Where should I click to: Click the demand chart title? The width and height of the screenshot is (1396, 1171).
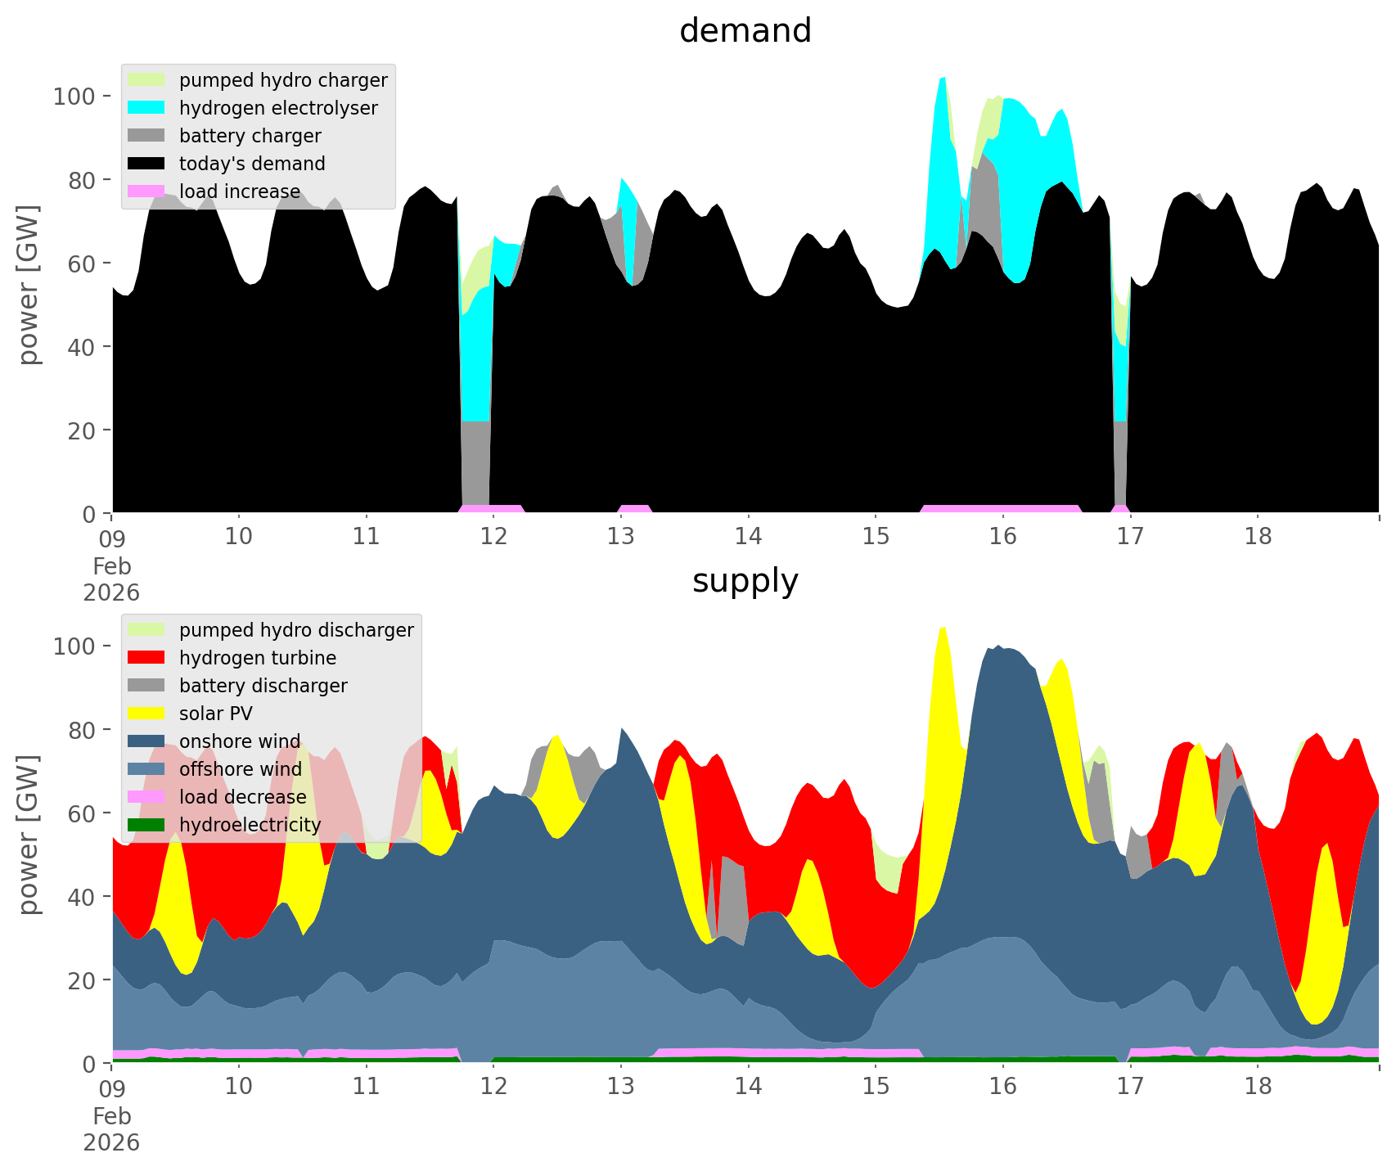745,31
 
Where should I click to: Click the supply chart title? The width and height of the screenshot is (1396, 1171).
745,581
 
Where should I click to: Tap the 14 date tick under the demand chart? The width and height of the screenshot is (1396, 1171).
748,537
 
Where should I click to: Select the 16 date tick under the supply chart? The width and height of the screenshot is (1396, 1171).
1002,1087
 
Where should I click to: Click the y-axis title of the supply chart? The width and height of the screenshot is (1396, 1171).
29,835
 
